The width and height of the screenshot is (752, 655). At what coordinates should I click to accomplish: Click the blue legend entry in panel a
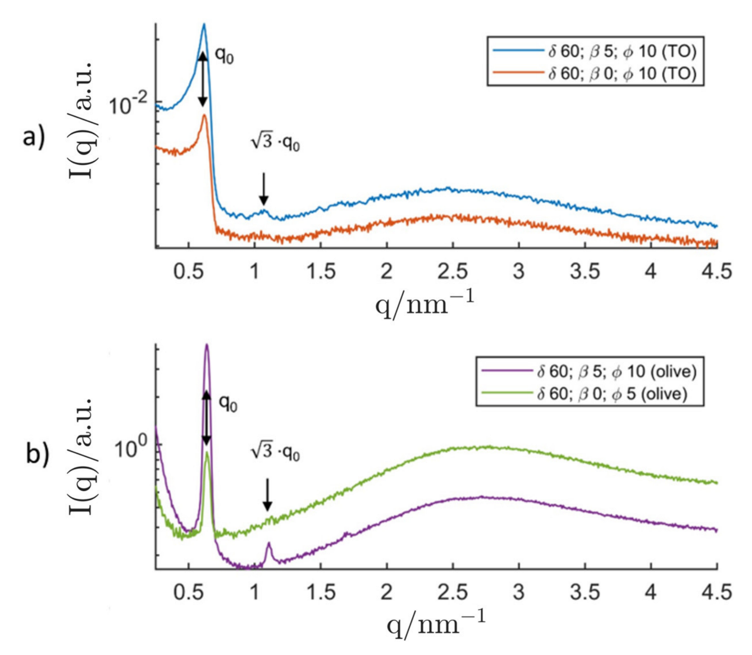595,51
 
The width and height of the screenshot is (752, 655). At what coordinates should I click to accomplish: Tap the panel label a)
34,138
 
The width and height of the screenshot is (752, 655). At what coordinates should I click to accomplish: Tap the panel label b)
37,453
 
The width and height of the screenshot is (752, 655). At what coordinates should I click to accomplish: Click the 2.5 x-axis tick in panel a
453,272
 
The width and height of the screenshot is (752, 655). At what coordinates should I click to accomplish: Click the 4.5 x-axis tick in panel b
717,593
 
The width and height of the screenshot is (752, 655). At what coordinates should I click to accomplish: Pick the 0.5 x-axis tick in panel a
189,272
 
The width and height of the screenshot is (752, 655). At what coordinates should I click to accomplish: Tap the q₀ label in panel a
224,56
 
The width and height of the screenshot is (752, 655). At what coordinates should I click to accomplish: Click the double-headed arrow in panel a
203,79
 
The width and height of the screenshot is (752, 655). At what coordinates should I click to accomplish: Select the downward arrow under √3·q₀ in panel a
263,189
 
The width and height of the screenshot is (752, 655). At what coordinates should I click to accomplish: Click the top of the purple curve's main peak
207,344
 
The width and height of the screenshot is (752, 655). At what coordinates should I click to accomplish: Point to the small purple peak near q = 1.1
269,544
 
